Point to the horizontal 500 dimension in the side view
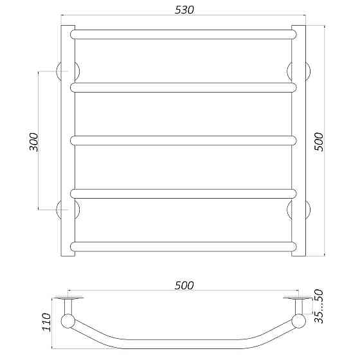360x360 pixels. coord(184,285)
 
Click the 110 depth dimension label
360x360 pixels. coord(46,321)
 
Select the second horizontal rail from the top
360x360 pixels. coord(184,87)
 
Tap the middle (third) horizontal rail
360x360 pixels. coord(184,139)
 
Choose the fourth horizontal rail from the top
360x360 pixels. coord(184,192)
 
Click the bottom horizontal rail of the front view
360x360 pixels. coord(184,245)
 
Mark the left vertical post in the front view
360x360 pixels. coord(67,141)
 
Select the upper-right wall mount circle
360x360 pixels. coord(300,71)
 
